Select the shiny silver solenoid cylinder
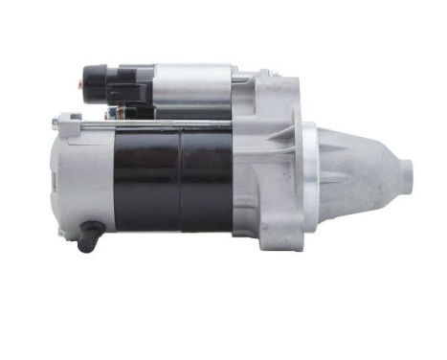[192, 86]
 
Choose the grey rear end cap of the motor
[83, 177]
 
